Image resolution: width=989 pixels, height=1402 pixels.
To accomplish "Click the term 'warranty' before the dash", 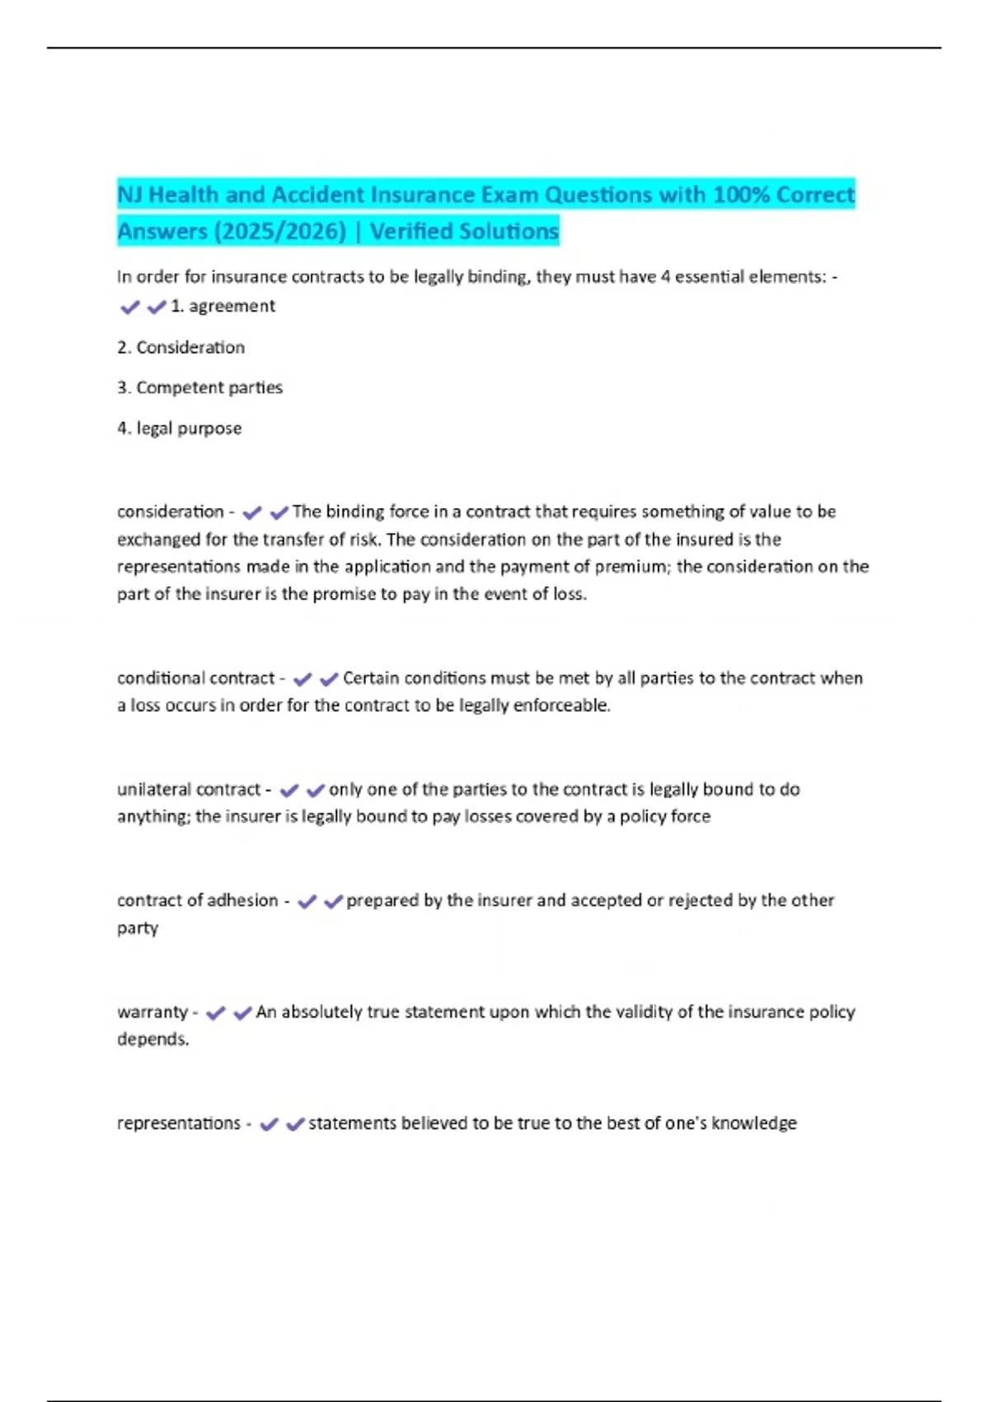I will (152, 1012).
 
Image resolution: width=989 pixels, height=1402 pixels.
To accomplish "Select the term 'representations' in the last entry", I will (178, 1123).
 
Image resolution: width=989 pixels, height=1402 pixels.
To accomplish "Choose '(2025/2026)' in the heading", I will (280, 232).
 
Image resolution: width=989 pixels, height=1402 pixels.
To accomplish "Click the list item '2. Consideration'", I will (180, 347).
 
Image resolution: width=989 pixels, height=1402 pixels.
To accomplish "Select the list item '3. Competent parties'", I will (199, 388).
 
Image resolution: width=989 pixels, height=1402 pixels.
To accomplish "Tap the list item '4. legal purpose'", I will (179, 429).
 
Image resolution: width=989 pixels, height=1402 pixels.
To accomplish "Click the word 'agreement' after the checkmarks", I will (232, 306).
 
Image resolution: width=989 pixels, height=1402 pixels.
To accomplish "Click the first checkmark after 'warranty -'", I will (216, 1013).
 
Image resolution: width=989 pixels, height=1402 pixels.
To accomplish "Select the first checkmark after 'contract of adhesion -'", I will (307, 901).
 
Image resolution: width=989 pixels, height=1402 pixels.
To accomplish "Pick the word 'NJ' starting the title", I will (129, 195).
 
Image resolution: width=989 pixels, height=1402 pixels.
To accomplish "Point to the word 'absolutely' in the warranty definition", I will (321, 1012).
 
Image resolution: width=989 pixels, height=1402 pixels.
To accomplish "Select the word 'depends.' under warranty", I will (152, 1039).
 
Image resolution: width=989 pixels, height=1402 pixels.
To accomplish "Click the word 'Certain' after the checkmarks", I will (370, 678).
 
